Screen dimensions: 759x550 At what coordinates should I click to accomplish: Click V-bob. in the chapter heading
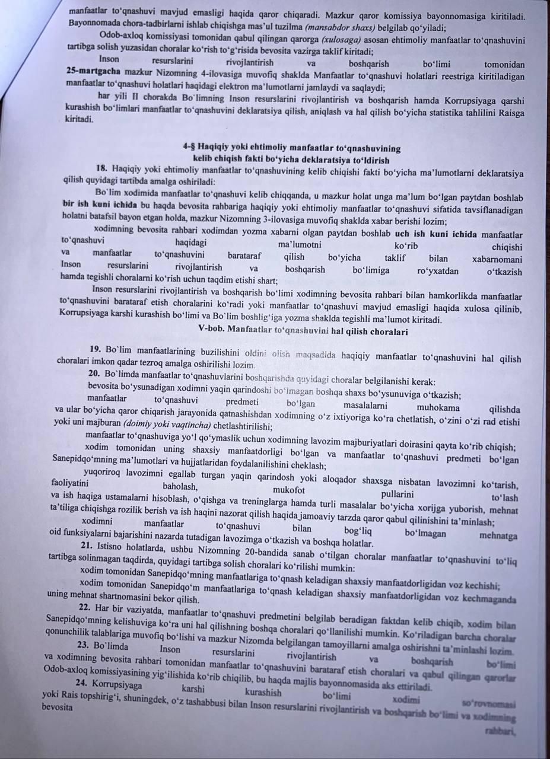[218, 331]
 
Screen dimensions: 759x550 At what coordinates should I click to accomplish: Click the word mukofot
[289, 490]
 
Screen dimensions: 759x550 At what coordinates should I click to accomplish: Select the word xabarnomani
[497, 259]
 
